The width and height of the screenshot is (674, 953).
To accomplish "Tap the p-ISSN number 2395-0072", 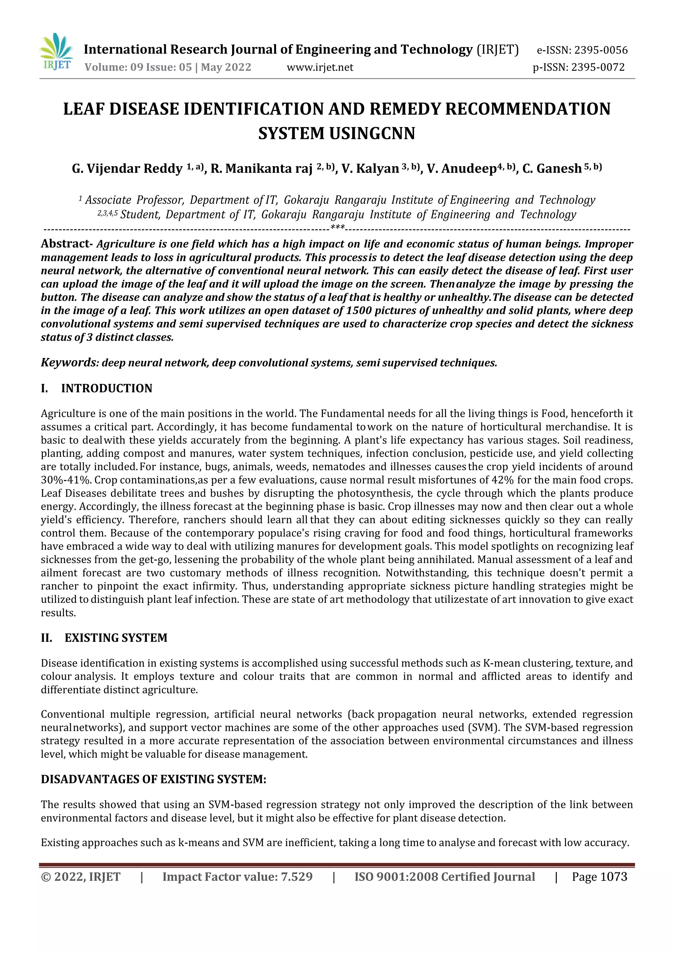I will (598, 67).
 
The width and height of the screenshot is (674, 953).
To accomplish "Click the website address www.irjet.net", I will (320, 67).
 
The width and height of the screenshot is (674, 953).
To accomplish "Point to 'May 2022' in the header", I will (226, 67).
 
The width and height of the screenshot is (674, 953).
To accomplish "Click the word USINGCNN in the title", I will (372, 133).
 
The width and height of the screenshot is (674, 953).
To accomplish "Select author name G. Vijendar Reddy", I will (127, 168).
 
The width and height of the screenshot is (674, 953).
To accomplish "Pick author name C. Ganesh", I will (552, 168).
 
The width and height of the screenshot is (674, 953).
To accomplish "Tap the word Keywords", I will (68, 362).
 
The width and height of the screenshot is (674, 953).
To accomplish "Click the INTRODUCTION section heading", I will (107, 388).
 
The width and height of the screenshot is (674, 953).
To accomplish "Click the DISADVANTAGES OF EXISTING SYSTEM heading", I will (153, 779).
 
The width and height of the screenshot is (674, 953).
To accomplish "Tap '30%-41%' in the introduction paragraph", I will (65, 480).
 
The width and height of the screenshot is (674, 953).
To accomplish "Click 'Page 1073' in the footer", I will (599, 877).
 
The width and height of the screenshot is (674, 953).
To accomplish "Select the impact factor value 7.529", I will (296, 877).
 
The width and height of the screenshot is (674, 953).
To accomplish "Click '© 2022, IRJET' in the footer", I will (81, 877).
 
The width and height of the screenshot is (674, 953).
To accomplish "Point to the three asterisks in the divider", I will (337, 227).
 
